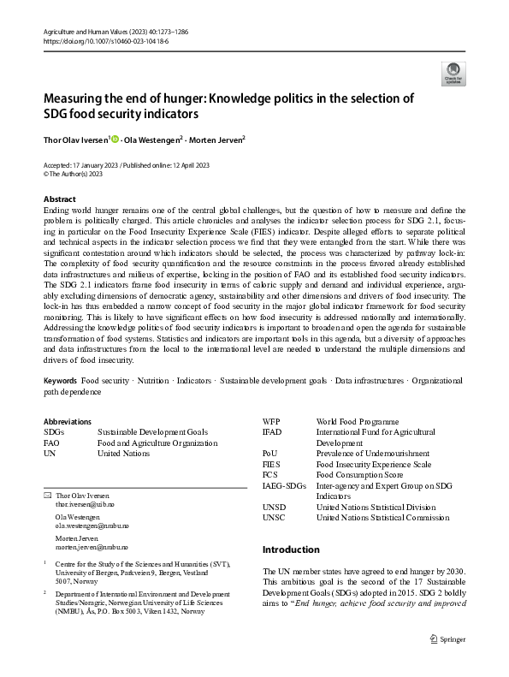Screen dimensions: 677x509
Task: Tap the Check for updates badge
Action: click(x=452, y=73)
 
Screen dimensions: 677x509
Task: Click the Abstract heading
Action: click(x=59, y=199)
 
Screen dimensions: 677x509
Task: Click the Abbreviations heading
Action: click(x=67, y=421)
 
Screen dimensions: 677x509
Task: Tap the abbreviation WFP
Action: click(x=270, y=422)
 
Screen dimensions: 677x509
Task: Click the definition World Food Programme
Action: click(x=357, y=422)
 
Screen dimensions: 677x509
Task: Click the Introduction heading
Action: click(x=290, y=549)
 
